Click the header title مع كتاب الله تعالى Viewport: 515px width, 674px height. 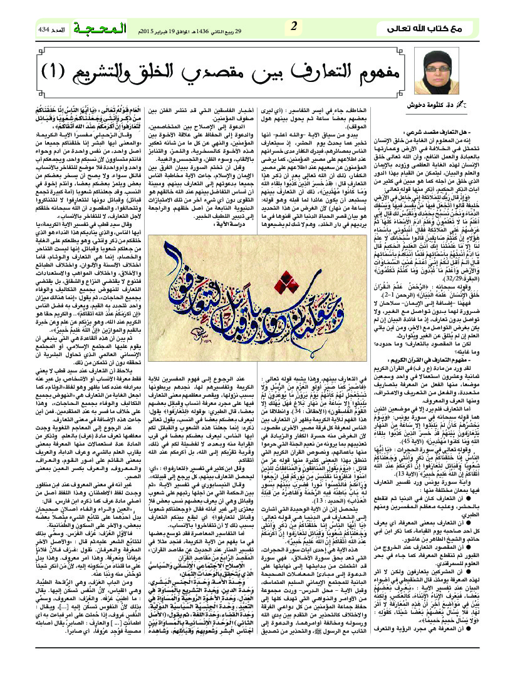pos(449,29)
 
